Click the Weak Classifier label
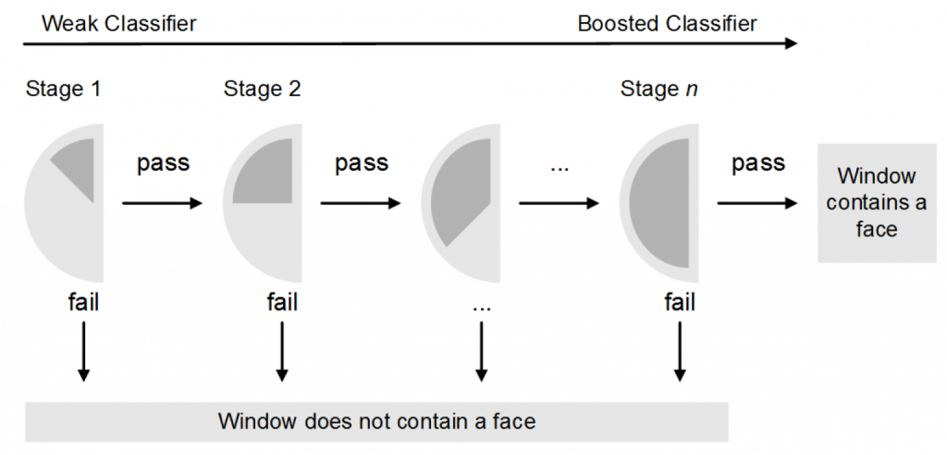[x=118, y=24]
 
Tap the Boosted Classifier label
[x=667, y=24]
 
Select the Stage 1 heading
[x=63, y=89]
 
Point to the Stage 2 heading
[x=262, y=89]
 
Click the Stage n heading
[x=659, y=89]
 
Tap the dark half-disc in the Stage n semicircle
[x=663, y=203]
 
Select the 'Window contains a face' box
[x=876, y=203]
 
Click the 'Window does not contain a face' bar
[x=377, y=422]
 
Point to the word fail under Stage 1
[x=83, y=303]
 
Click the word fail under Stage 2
[x=282, y=303]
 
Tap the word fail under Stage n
[x=679, y=303]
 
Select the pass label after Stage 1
[x=163, y=163]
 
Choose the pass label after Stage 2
[x=361, y=163]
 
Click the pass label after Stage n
[x=758, y=163]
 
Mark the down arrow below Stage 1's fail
[x=84, y=351]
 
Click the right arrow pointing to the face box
[x=757, y=203]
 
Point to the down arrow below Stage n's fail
[x=679, y=351]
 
